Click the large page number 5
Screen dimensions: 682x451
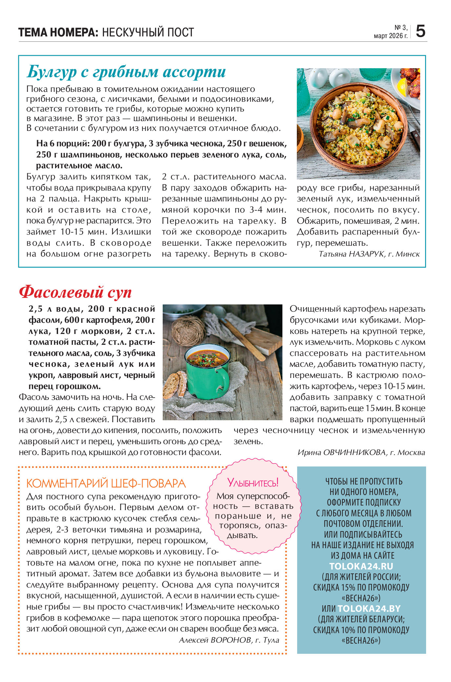(x=420, y=31)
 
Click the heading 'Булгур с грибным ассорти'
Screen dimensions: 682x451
(x=126, y=72)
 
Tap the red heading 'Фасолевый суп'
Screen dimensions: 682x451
(x=75, y=292)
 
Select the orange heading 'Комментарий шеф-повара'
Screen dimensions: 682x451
(x=106, y=483)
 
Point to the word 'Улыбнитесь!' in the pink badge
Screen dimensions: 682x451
(x=253, y=482)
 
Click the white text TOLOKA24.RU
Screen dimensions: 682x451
(x=361, y=566)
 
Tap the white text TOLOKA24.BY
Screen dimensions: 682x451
(x=369, y=609)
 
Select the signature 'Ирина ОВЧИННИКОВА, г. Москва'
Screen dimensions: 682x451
(x=361, y=452)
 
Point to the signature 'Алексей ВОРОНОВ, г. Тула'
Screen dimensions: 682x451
(x=229, y=640)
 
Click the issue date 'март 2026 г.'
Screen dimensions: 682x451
(x=390, y=36)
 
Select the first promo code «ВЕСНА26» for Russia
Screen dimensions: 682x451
(x=361, y=598)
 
